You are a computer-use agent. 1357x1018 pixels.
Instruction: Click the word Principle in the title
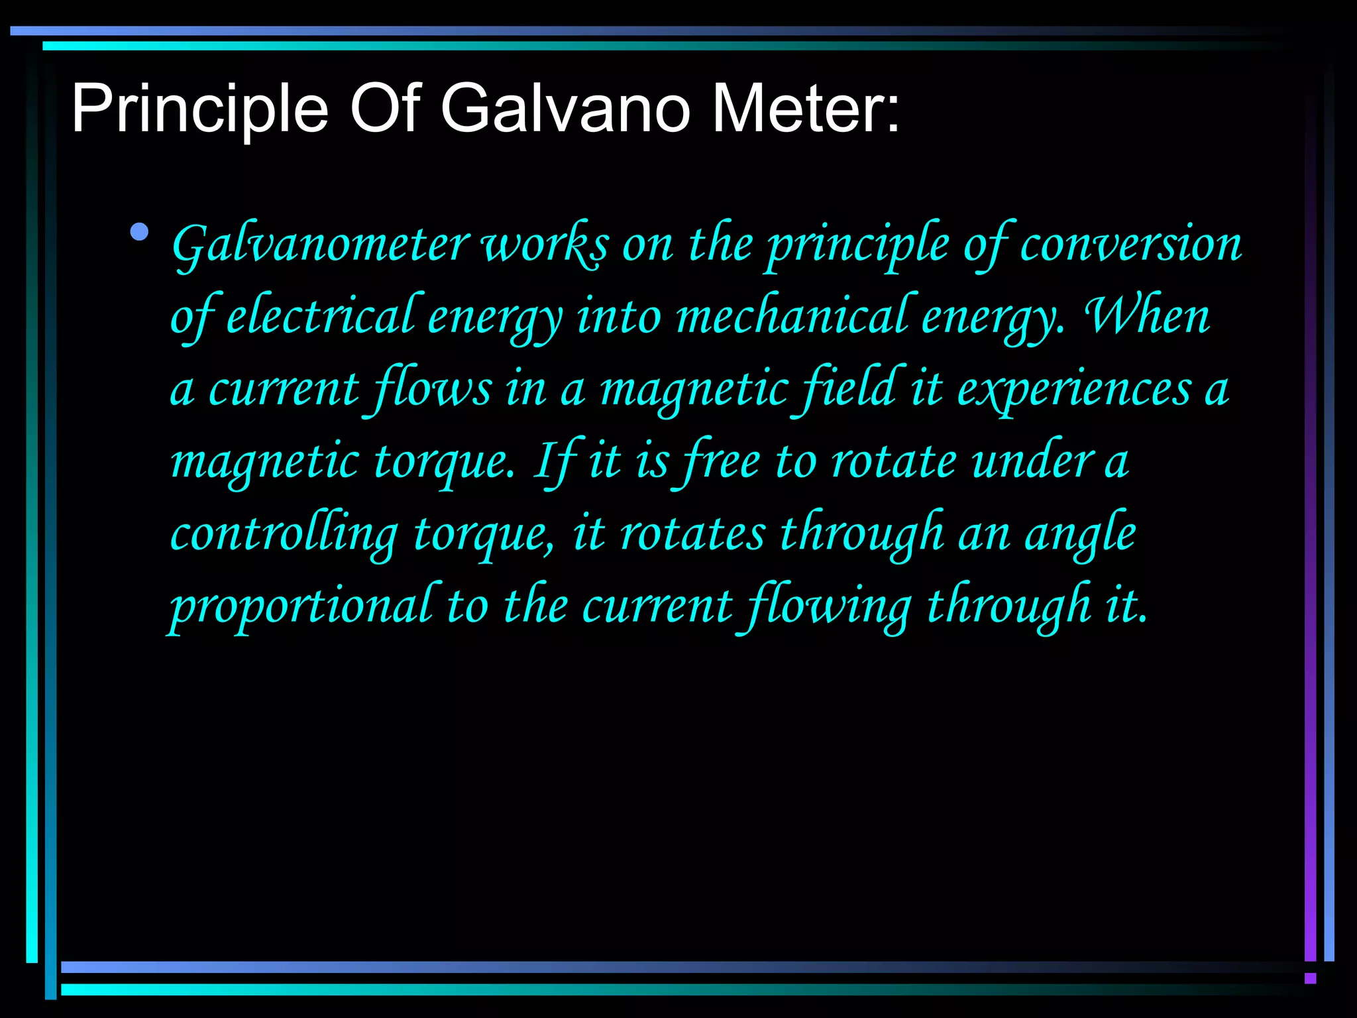(199, 109)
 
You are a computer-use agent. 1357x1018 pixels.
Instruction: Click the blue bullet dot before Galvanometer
(140, 232)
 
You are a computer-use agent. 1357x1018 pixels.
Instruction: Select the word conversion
(1130, 245)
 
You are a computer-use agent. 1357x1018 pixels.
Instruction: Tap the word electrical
(321, 317)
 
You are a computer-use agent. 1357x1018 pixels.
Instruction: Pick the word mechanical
(792, 317)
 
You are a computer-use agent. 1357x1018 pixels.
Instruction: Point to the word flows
(433, 389)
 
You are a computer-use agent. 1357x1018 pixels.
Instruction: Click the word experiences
(1074, 390)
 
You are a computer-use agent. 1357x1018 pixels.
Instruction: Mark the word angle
(1079, 536)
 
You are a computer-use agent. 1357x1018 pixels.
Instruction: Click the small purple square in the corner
(1310, 978)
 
